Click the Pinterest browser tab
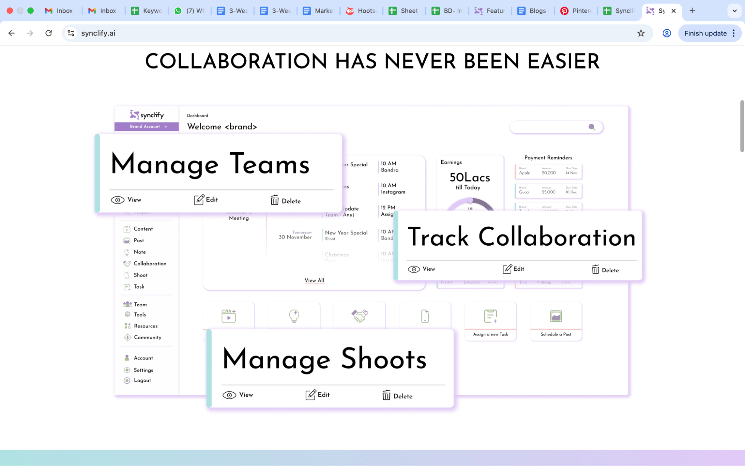click(576, 11)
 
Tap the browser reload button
click(48, 33)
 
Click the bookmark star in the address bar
click(641, 33)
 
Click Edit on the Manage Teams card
click(206, 200)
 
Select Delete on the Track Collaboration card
click(605, 270)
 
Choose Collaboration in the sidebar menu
click(150, 264)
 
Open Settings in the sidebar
click(143, 370)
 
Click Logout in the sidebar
click(142, 380)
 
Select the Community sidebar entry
click(147, 337)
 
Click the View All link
click(314, 280)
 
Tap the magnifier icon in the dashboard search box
click(591, 127)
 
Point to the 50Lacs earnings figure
click(470, 177)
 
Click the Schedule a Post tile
click(556, 321)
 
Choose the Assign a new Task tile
click(490, 321)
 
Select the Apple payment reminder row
click(548, 171)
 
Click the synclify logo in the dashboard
click(147, 115)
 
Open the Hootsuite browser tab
click(361, 11)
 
